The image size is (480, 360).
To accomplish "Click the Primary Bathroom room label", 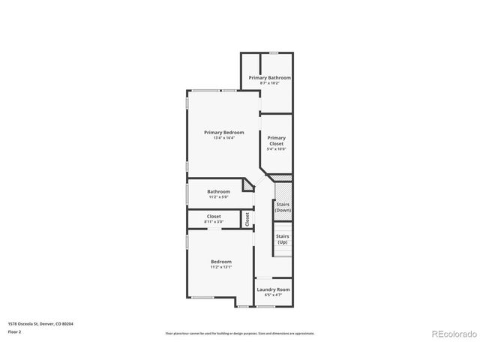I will coord(270,77).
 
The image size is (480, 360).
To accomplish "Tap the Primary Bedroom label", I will coord(223,133).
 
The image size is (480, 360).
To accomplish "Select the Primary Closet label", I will coord(276,140).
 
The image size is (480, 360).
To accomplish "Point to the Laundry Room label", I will coord(273,289).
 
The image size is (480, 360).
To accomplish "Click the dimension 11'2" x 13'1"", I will coord(220,267).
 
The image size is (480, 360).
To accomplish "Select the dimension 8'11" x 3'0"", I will coord(214,222).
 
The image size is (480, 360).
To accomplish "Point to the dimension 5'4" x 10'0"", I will coord(276,149).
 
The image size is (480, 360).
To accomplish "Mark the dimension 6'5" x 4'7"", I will coord(273,295).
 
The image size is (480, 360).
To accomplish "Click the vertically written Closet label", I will coord(247,219).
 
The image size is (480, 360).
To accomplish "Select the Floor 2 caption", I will coord(16,331).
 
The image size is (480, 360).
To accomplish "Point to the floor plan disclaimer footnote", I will coord(240,333).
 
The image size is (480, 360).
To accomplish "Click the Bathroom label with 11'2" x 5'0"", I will coord(219,191).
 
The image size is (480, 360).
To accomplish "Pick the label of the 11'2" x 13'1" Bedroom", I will coord(220,261).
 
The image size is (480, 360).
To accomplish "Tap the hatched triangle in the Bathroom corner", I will coord(249,184).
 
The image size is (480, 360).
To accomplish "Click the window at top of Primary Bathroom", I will coord(274,52).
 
